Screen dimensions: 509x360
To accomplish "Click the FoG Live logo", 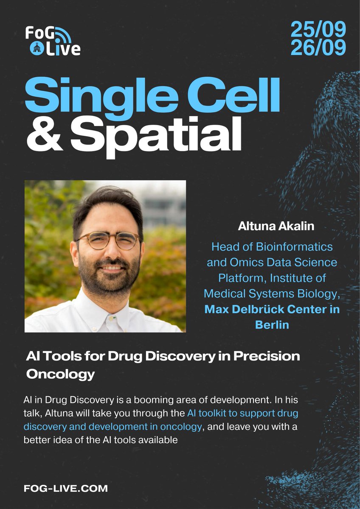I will (x=52, y=41).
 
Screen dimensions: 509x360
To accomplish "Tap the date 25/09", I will (x=318, y=30).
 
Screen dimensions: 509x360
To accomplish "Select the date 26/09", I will (x=318, y=48).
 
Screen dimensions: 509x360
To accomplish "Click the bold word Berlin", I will (x=272, y=325).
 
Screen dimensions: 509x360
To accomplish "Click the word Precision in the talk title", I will (x=268, y=356).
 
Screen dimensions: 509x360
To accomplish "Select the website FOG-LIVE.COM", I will (x=66, y=489).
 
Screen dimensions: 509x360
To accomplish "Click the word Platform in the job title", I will (x=239, y=278).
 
